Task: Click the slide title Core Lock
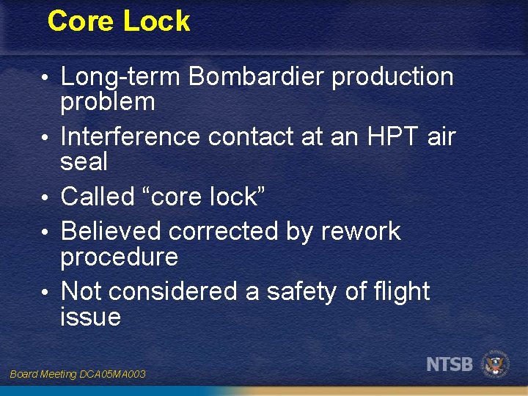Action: tap(118, 21)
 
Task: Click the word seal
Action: tap(84, 161)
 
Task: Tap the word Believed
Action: tap(112, 231)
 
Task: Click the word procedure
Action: tap(120, 257)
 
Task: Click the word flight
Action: tap(400, 291)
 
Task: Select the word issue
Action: tap(90, 317)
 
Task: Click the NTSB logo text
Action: tap(450, 363)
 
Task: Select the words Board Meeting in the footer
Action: tap(43, 375)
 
